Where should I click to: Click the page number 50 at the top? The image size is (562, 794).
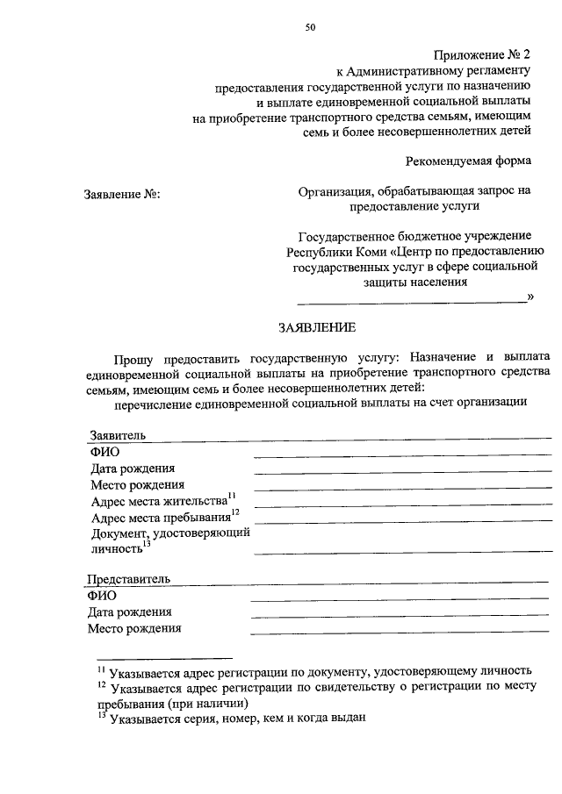click(x=310, y=27)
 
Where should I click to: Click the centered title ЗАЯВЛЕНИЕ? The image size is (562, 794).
click(x=317, y=327)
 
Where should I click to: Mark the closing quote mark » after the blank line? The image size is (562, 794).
click(x=530, y=297)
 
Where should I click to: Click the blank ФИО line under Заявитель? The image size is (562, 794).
click(x=402, y=454)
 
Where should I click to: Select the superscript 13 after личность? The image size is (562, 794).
click(x=148, y=545)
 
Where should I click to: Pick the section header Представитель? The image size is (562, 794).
click(x=128, y=579)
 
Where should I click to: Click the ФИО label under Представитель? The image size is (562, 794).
click(x=102, y=596)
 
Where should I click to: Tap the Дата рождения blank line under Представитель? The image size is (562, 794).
click(x=400, y=615)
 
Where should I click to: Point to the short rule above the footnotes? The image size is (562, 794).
click(x=164, y=657)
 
